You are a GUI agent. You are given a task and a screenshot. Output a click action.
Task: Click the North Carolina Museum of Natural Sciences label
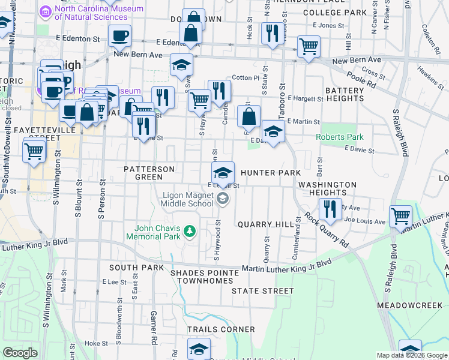[x=99, y=13]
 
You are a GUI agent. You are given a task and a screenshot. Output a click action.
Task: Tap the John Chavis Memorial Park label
[x=158, y=232]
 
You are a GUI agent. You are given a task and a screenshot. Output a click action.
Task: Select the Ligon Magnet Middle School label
[x=188, y=199]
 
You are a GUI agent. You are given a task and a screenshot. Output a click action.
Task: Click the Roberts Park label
[x=340, y=137]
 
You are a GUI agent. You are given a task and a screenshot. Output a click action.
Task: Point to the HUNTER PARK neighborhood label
[x=270, y=173]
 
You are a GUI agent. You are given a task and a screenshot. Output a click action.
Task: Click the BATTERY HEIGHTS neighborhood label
[x=345, y=95]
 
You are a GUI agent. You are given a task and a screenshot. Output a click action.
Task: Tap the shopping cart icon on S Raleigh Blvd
[x=400, y=216]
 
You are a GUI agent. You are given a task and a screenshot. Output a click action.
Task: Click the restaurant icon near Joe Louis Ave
[x=330, y=209]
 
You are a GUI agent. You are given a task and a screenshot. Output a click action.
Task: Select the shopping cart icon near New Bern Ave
[x=309, y=46]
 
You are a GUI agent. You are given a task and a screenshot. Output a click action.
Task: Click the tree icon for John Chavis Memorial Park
[x=190, y=231]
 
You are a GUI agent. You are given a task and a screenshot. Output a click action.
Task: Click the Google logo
[x=20, y=353]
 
